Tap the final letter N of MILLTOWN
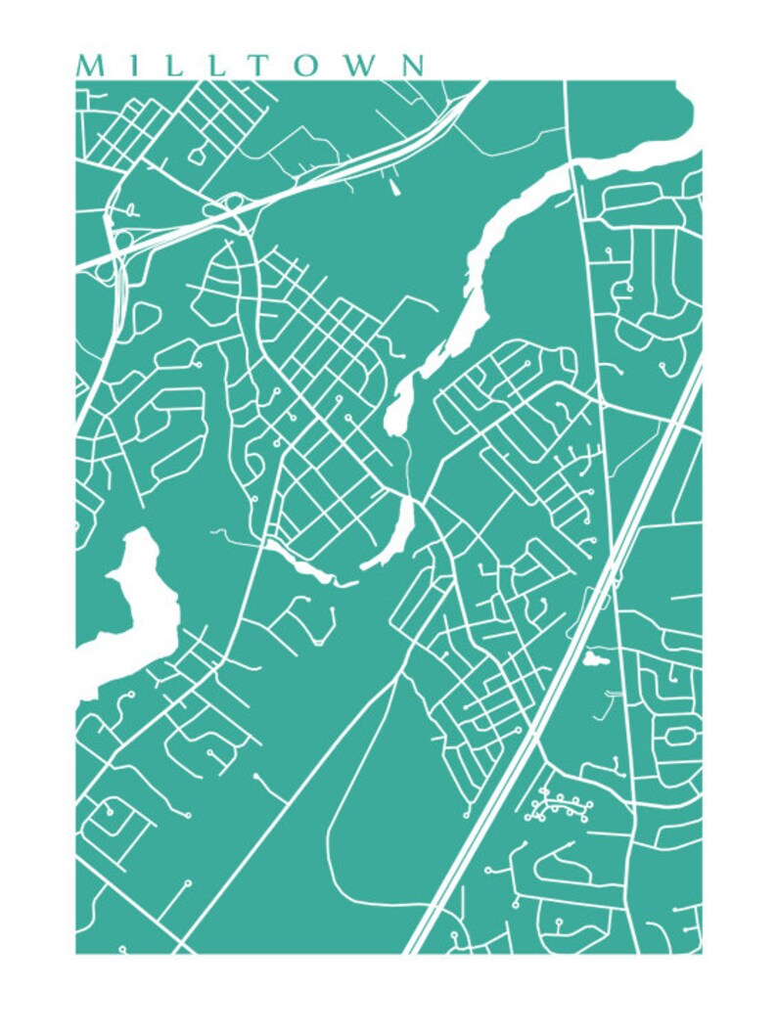(411, 66)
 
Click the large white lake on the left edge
(132, 607)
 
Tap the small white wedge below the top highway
(394, 187)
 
